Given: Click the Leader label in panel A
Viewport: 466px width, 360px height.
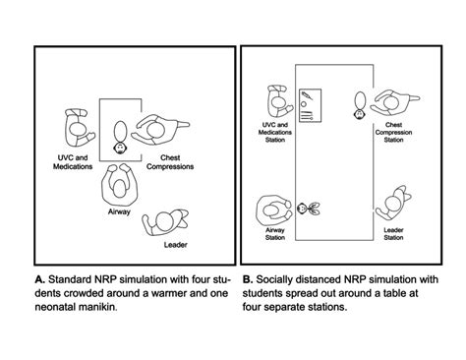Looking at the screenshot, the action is tap(176, 245).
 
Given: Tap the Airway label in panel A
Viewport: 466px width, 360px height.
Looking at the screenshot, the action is tap(119, 211).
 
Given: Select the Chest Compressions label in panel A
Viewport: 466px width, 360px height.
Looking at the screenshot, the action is tap(170, 162).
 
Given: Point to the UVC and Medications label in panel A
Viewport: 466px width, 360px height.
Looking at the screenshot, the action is tap(73, 162).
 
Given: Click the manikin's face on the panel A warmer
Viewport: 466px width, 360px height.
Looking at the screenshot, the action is tap(120, 149).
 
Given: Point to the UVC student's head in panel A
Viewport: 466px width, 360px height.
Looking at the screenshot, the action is tap(79, 130).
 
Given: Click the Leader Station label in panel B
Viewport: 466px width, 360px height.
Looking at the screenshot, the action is tap(393, 234).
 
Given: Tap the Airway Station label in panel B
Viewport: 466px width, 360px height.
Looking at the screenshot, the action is tap(275, 234).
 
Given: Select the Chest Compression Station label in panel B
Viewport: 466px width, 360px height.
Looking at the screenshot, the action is tap(393, 132).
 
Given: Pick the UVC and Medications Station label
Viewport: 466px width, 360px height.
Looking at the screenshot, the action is tap(275, 132).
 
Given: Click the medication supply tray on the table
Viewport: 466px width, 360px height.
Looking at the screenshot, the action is tap(310, 105).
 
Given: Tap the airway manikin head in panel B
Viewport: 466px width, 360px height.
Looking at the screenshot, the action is tap(302, 208).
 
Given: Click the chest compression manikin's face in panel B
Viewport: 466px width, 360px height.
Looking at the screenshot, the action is tap(360, 114).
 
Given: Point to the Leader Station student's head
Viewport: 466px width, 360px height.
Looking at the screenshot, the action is tap(392, 203).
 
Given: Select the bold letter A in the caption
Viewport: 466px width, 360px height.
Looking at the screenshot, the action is tap(39, 279).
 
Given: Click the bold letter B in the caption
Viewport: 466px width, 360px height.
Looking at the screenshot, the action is tap(248, 279).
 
